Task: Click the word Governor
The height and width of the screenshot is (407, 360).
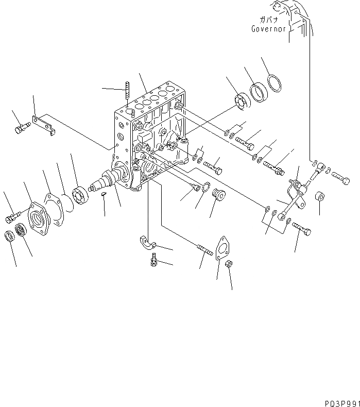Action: coord(268,29)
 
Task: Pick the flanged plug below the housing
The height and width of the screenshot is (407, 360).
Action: coord(218,196)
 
